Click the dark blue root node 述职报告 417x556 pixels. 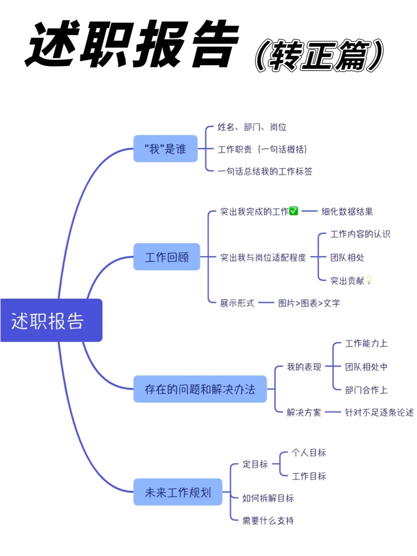coord(51,320)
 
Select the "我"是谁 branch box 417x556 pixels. coord(165,149)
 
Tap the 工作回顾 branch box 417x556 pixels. coord(167,257)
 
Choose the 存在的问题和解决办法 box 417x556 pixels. coord(200,389)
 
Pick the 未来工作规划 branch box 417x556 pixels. coord(178,492)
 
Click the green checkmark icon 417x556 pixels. coord(293,211)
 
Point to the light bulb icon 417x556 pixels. coord(369,280)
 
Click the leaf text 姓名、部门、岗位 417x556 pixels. coord(252,127)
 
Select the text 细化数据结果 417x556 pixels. coord(347,212)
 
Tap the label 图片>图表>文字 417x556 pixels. coord(309,303)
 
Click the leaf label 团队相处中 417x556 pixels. coord(366,367)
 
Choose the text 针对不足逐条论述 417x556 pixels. coord(379,412)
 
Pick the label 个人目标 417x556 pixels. coord(309,453)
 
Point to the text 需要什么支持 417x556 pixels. coord(268,520)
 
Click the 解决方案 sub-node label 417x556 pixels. coord(304,412)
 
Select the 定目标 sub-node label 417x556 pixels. coord(255,464)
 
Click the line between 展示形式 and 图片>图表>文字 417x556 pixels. coord(266,303)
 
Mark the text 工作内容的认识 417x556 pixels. coord(360,234)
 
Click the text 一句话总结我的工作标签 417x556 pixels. coord(265,171)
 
